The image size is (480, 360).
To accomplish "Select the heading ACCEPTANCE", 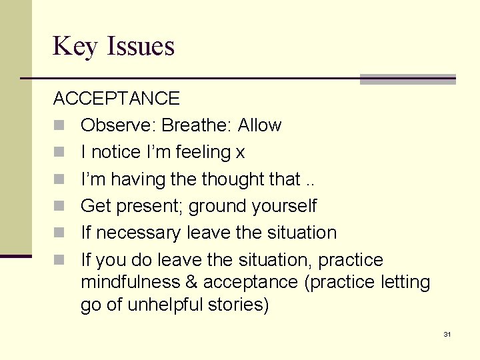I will click(117, 99).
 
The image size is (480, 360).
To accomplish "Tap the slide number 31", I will click(447, 334).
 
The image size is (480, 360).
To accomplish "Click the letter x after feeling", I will click(240, 153).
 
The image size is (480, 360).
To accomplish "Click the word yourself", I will click(285, 207).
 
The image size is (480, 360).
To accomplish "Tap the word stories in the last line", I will click(241, 306).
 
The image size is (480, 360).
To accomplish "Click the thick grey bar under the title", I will click(407, 79).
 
